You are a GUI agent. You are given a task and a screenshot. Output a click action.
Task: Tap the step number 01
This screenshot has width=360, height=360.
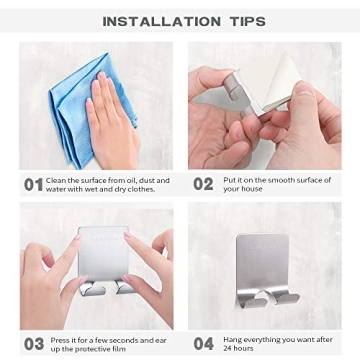tap(33, 185)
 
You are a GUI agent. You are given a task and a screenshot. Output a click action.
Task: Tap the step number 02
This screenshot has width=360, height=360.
tap(203, 185)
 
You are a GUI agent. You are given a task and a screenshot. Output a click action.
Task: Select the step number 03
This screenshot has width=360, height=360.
tap(33, 343)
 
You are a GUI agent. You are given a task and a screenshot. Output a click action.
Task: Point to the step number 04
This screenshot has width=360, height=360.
tap(203, 343)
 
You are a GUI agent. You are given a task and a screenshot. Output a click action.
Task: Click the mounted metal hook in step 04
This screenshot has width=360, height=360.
tap(262, 265)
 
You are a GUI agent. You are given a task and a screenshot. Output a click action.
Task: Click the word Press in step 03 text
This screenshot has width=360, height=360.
tap(61, 339)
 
